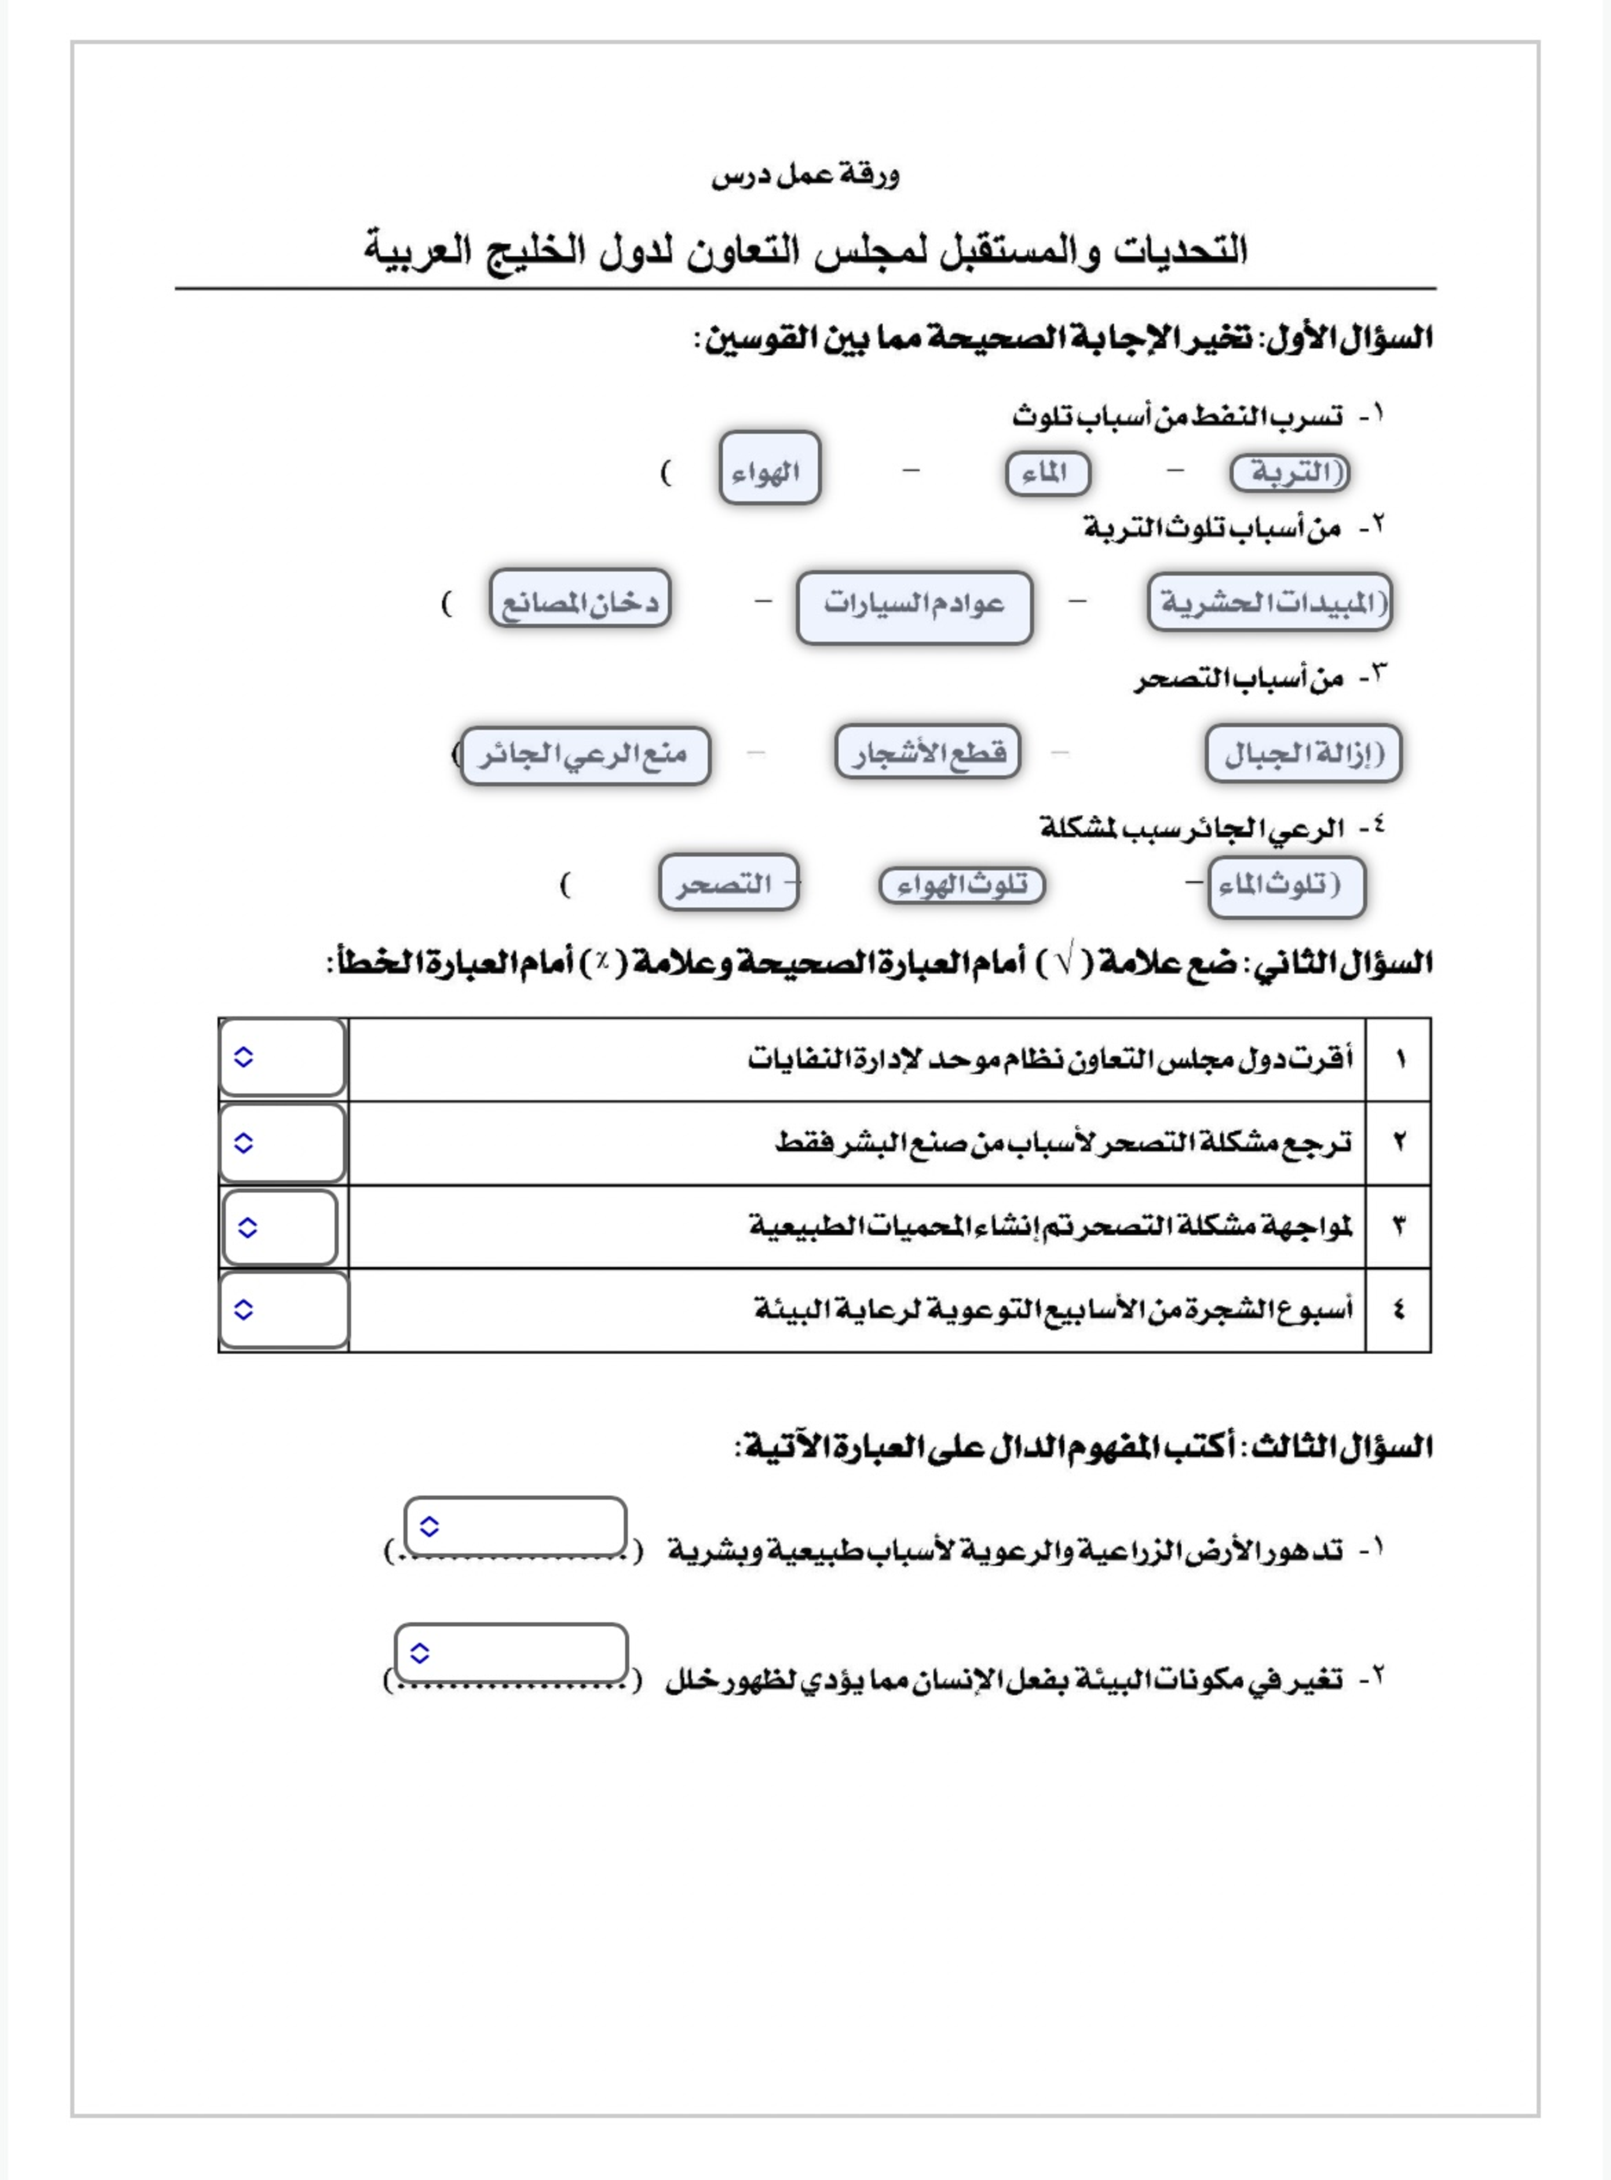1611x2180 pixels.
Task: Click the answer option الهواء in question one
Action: point(769,469)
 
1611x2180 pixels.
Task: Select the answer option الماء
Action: point(1047,474)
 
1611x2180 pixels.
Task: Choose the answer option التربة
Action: point(1290,473)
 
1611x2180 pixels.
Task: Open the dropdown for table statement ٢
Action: point(283,1143)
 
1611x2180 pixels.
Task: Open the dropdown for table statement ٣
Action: point(281,1227)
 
